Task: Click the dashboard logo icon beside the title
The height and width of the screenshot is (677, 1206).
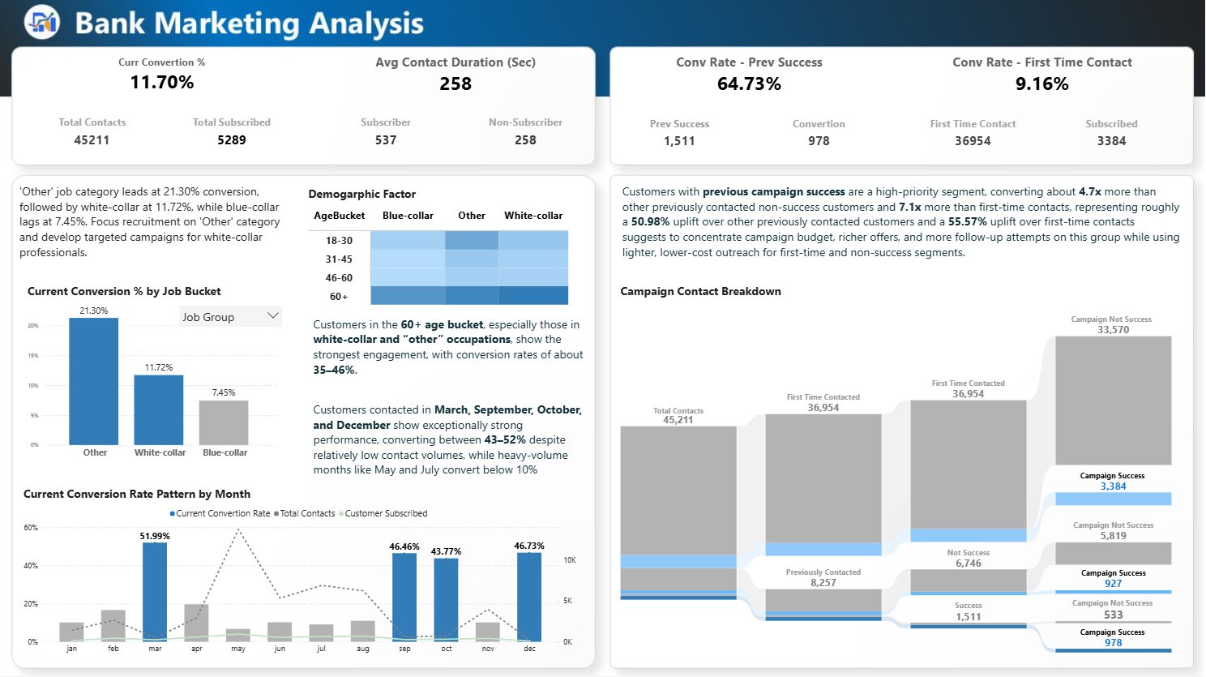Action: (x=41, y=22)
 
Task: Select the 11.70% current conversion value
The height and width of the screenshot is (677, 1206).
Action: (x=162, y=82)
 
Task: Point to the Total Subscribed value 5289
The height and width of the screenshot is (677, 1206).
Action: (x=231, y=139)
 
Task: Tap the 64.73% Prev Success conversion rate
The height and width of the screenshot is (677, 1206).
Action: (x=749, y=84)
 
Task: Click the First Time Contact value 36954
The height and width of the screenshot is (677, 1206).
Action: (x=973, y=140)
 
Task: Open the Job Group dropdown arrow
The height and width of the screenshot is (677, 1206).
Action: (x=272, y=316)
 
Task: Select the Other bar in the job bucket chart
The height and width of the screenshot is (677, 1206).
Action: (x=94, y=381)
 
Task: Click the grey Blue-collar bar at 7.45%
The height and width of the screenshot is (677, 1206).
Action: (x=224, y=422)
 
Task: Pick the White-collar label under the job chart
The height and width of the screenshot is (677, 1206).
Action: (x=160, y=452)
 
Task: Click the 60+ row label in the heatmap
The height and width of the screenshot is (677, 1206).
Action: (x=339, y=297)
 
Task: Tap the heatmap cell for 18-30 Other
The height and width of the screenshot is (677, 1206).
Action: (x=471, y=240)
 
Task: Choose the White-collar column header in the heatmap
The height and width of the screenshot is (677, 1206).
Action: (x=533, y=216)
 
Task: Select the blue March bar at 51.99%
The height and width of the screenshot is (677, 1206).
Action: (x=155, y=592)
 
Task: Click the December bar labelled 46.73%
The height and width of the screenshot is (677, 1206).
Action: (x=529, y=597)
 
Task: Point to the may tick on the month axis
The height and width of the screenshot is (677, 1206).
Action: (x=238, y=649)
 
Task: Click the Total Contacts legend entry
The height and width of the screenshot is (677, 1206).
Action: (x=306, y=513)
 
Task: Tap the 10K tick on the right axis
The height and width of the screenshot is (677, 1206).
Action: (x=570, y=560)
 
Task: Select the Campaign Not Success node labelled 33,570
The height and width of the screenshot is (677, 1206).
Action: (x=1113, y=399)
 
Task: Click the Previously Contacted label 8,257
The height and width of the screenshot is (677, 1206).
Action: (x=823, y=582)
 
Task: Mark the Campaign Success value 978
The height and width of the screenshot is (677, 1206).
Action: (x=1113, y=643)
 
